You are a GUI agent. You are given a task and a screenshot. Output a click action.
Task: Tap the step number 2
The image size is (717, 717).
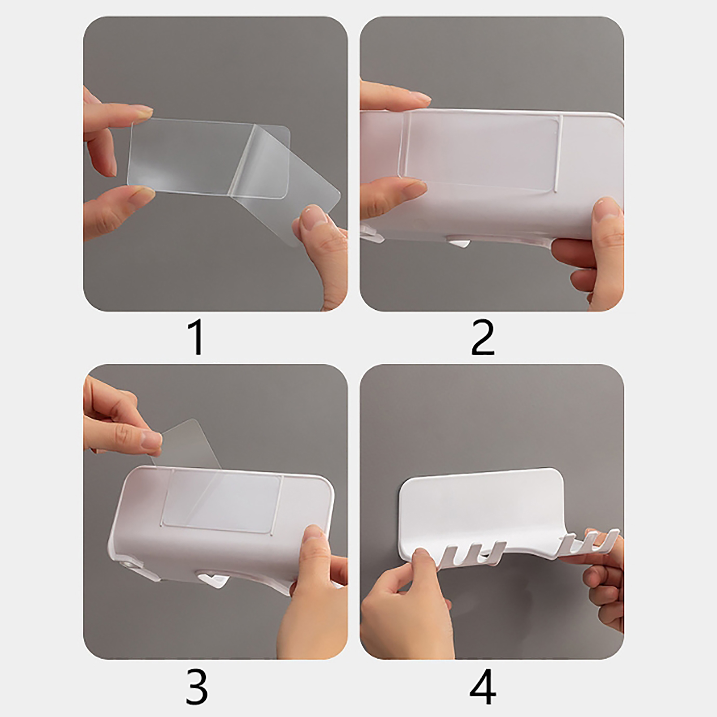pos(483,338)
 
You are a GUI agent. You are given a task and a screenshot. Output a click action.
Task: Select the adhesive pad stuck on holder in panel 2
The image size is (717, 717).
pos(479,148)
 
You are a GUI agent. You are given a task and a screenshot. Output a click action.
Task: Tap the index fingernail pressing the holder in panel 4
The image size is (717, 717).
pos(421,556)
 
